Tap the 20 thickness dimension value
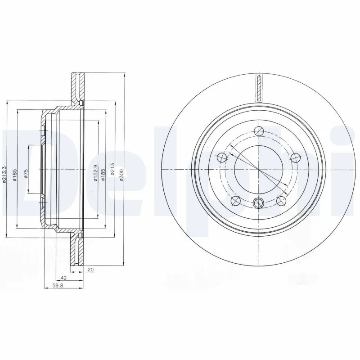point(91,270)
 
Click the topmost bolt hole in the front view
point(258,131)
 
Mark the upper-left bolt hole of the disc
point(221,157)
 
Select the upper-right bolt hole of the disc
point(295,157)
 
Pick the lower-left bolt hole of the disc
point(235,201)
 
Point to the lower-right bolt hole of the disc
point(281,201)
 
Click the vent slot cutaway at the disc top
point(259,88)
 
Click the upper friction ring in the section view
point(76,88)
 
